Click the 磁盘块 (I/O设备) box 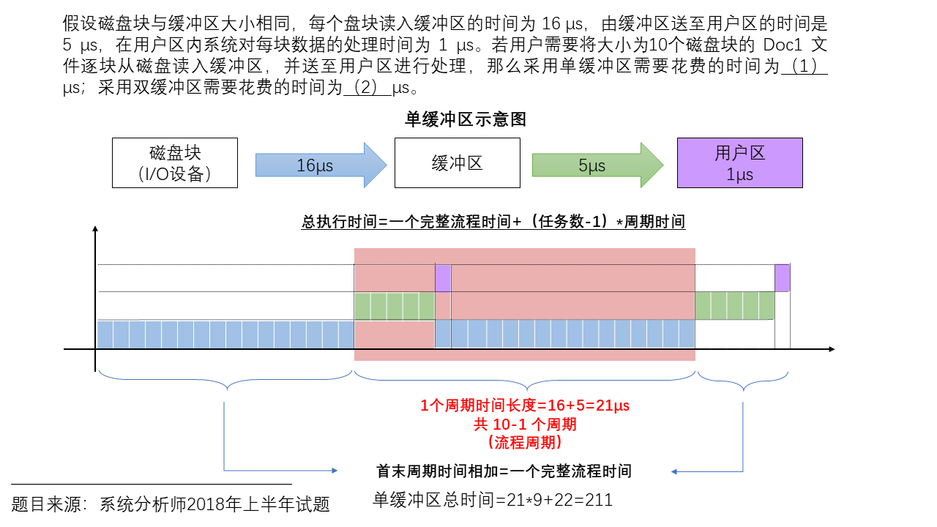(175, 162)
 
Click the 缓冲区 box (457, 162)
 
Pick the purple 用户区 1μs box (739, 162)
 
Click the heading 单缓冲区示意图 (466, 119)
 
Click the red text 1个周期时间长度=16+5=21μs (525, 405)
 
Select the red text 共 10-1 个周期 (525, 424)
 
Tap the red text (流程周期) (525, 442)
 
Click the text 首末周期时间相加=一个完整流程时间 (504, 471)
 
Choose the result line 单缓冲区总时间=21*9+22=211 (493, 500)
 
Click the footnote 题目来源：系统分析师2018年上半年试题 (171, 504)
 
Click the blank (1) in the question (805, 67)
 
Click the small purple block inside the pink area (443, 278)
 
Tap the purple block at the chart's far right (783, 277)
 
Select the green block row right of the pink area (734, 305)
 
